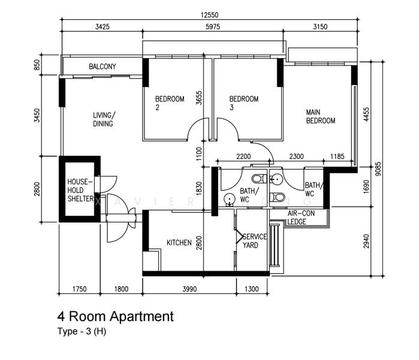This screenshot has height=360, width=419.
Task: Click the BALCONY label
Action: [103, 67]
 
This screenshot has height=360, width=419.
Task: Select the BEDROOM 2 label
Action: [169, 103]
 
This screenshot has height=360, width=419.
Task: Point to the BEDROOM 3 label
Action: [243, 103]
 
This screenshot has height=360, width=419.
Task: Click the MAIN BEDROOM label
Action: [321, 116]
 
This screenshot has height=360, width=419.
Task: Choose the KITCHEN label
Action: [179, 243]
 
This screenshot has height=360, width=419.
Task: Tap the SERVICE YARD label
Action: [254, 241]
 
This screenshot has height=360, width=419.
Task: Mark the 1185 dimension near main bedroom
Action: [338, 157]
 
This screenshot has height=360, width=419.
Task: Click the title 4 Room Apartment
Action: [115, 316]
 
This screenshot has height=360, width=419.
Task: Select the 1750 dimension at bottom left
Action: [79, 289]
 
